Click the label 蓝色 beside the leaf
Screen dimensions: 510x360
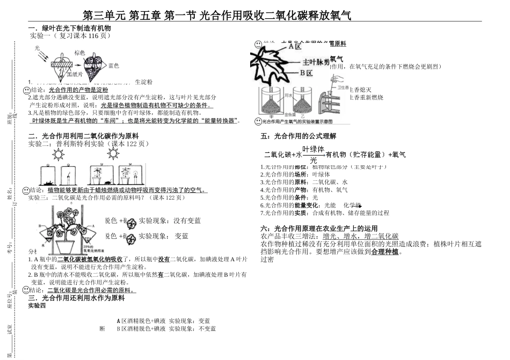(x=113, y=65)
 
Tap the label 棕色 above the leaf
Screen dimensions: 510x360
(x=79, y=53)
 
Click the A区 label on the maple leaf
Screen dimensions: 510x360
(x=295, y=46)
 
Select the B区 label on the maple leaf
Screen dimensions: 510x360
(x=306, y=72)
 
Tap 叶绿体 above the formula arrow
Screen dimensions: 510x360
(x=314, y=149)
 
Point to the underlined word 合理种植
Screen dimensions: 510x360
(x=385, y=251)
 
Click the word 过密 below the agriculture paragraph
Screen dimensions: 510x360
(x=267, y=259)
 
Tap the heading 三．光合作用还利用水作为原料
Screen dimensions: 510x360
(x=76, y=298)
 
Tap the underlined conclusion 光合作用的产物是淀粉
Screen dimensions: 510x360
(x=78, y=90)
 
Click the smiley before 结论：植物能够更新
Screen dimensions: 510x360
(x=26, y=190)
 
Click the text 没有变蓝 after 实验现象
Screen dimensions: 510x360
(x=187, y=221)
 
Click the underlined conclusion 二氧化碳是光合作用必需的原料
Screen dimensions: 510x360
(x=91, y=290)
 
